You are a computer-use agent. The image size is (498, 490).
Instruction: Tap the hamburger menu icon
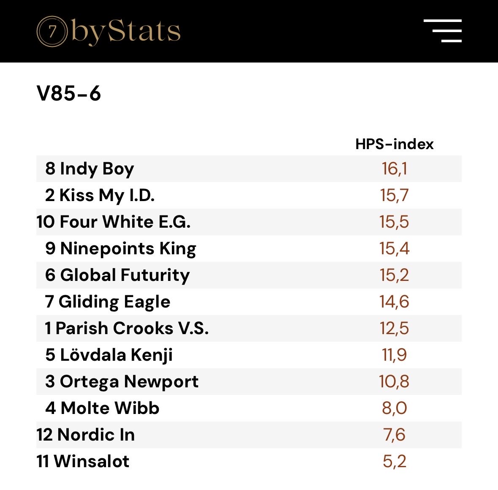[442, 31]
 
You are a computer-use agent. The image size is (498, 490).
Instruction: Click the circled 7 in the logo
[52, 31]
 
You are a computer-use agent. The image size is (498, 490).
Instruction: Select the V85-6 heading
[69, 93]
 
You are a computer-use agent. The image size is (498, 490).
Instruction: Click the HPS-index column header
[394, 144]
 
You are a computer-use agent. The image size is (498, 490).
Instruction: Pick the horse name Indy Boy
[96, 169]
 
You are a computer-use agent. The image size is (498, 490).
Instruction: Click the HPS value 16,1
[394, 169]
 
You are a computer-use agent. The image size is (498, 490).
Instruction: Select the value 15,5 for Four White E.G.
[394, 222]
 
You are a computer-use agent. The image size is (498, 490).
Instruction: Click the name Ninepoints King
[128, 248]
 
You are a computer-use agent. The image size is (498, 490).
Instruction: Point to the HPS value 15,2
[394, 275]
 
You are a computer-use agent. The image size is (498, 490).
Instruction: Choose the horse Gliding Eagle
[114, 302]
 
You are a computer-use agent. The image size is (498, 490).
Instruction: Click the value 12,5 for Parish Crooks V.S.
[394, 328]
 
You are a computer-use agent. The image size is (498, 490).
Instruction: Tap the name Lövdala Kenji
[116, 355]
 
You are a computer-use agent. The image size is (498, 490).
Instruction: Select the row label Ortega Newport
[129, 381]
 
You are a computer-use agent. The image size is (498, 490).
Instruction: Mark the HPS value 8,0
[394, 408]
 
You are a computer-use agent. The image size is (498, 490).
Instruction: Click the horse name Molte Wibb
[110, 408]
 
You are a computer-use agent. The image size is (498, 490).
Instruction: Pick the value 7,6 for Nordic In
[394, 435]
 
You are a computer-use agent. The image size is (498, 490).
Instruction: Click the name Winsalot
[91, 461]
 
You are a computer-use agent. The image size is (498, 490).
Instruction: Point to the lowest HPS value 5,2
[394, 461]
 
